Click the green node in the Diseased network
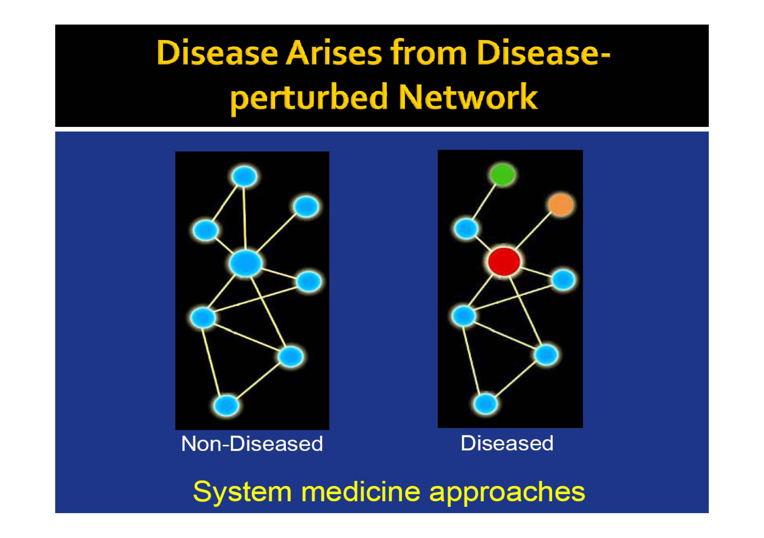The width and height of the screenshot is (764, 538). (502, 174)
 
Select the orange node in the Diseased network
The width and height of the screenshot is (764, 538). (561, 205)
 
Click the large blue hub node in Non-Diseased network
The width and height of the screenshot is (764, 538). (245, 263)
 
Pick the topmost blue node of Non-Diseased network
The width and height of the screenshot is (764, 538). (245, 176)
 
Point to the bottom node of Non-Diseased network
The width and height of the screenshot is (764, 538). (226, 405)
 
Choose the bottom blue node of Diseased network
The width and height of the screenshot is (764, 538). (486, 404)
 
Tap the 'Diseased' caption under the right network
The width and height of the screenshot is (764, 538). (507, 443)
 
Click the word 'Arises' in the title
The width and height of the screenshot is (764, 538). (334, 53)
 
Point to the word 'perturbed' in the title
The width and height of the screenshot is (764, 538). (309, 98)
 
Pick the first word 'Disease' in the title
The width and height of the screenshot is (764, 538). (217, 53)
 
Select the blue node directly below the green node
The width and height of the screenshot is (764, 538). (466, 229)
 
